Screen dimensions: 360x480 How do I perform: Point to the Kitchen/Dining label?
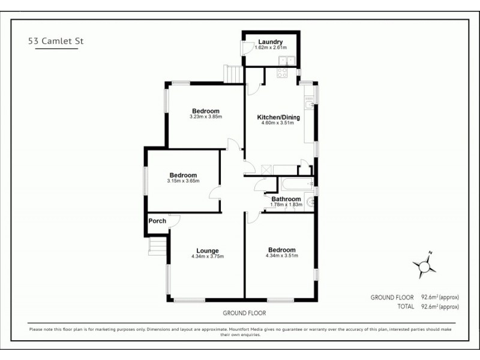(x=278, y=117)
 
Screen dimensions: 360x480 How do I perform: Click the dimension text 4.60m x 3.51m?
(x=278, y=124)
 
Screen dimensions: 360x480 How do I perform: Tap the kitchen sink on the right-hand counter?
(x=308, y=106)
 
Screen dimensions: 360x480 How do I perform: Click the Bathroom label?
(x=286, y=199)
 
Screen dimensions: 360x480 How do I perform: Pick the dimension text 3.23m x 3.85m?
(x=205, y=117)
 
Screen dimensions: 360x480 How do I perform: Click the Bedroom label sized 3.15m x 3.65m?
(x=184, y=175)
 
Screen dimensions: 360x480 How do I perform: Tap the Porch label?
(x=157, y=221)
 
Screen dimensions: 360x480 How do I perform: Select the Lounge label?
(x=208, y=250)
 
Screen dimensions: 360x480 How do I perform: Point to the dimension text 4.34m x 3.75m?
(x=208, y=257)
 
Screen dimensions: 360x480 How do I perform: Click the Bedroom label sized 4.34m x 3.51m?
(x=281, y=250)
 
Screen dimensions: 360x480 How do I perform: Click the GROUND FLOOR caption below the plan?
(x=244, y=313)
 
